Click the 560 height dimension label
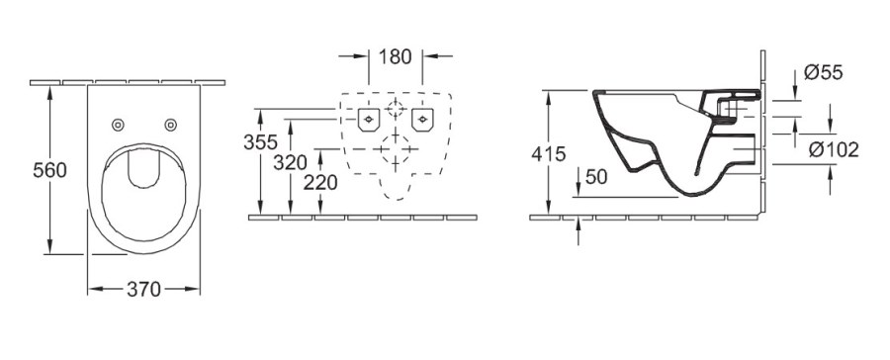coord(50,170)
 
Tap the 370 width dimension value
coord(143,290)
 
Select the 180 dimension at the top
coord(395,56)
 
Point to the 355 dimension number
coord(260,142)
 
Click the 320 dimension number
coord(290,162)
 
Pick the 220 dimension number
coord(320,183)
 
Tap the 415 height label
coord(549,154)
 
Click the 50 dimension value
coord(596,177)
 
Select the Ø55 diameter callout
coord(824,72)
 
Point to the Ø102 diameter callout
coord(834,150)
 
